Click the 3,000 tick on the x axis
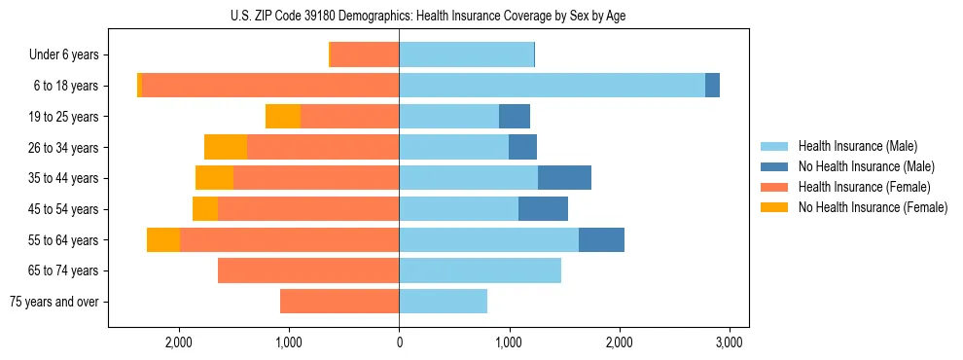point(730,342)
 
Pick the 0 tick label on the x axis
point(399,342)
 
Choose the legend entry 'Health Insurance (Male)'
point(857,146)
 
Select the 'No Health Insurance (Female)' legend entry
point(873,207)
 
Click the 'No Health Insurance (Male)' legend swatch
point(774,166)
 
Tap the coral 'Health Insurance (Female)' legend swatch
point(774,187)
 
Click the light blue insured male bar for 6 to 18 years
point(552,86)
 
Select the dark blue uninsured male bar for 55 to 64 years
point(601,239)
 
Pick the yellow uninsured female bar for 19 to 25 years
point(283,117)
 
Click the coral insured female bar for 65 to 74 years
point(308,270)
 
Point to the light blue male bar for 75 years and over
point(443,302)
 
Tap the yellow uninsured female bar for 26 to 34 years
point(226,147)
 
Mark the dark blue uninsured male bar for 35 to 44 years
point(564,178)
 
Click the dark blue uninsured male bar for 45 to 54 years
point(543,209)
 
